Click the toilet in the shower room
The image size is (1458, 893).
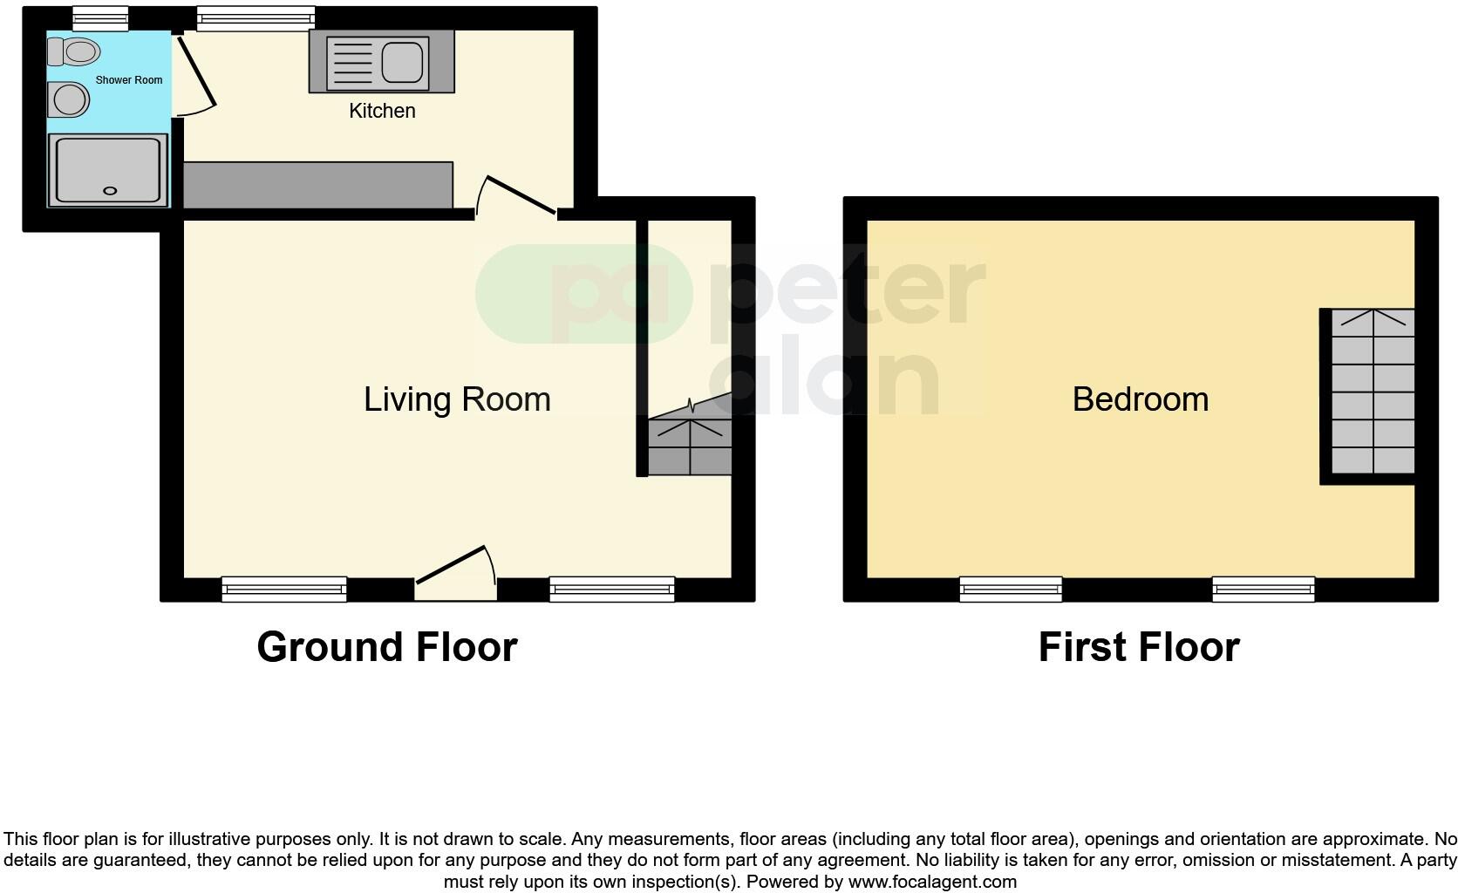pyautogui.click(x=73, y=52)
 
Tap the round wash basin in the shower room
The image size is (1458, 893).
pyautogui.click(x=70, y=100)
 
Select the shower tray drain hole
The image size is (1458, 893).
pyautogui.click(x=111, y=190)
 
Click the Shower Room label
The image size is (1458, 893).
pyautogui.click(x=129, y=80)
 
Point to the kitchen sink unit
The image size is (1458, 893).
pyautogui.click(x=381, y=61)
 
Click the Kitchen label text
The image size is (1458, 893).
pyautogui.click(x=382, y=111)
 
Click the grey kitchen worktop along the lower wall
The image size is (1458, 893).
pyautogui.click(x=318, y=185)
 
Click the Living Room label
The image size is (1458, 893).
pyautogui.click(x=457, y=399)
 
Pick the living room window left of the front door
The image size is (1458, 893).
pyautogui.click(x=284, y=590)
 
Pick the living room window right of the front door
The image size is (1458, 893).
pyautogui.click(x=612, y=590)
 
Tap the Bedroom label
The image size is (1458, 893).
pyautogui.click(x=1140, y=399)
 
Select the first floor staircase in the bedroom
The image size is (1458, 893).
pyautogui.click(x=1373, y=392)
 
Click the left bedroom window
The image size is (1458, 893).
pyautogui.click(x=1011, y=590)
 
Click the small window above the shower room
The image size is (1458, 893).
pyautogui.click(x=100, y=17)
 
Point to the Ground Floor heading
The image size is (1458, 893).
pyautogui.click(x=387, y=647)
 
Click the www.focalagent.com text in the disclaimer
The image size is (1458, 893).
pyautogui.click(x=932, y=882)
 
